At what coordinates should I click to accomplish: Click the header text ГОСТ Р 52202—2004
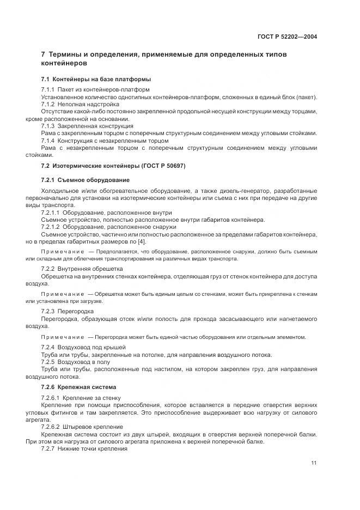tap(287, 37)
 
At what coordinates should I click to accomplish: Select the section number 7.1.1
tap(48, 89)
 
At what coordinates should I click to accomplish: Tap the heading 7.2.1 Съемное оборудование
tap(85, 180)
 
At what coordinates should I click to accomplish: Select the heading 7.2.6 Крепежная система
tap(78, 387)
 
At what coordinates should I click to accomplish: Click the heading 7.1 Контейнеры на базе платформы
tap(96, 79)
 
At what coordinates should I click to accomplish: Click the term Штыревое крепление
tap(93, 427)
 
